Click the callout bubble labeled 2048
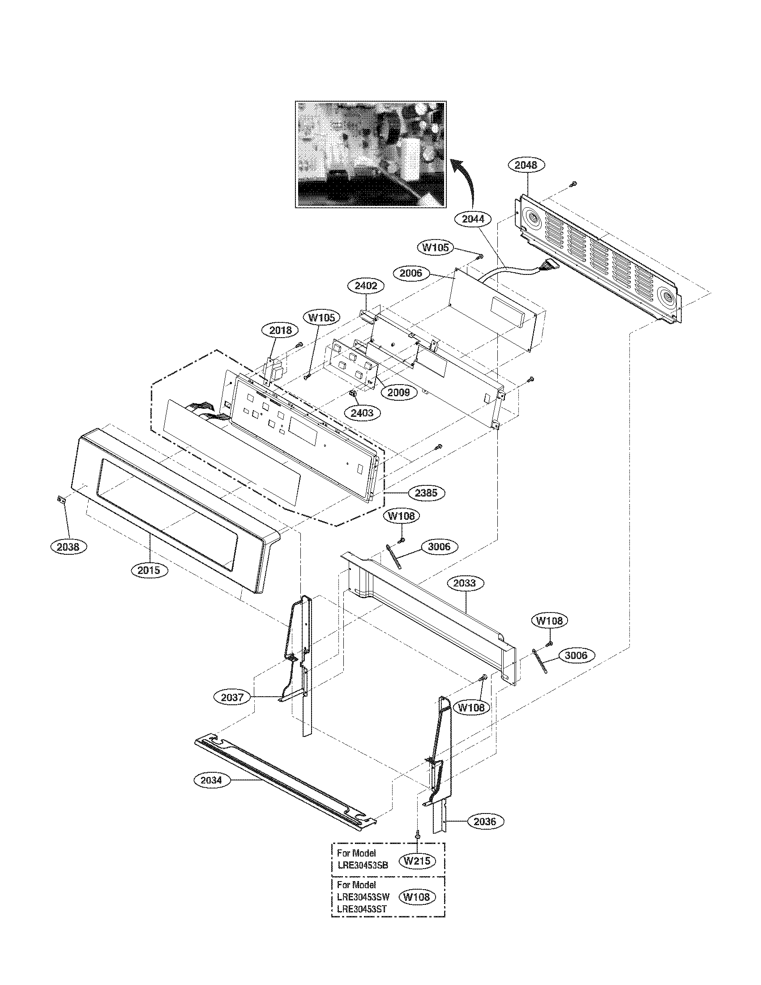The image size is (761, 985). (x=526, y=165)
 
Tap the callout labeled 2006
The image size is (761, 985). (x=410, y=273)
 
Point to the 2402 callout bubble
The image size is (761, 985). (x=366, y=286)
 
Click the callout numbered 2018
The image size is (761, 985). (x=280, y=330)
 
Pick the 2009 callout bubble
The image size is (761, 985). (x=399, y=392)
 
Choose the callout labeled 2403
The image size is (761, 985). (x=362, y=413)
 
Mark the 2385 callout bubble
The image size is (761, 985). (x=426, y=493)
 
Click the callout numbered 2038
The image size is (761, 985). (x=68, y=547)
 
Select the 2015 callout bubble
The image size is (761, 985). (x=149, y=570)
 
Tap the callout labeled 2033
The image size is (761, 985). (x=464, y=583)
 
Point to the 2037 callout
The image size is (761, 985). (x=232, y=697)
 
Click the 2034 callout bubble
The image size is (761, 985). (x=211, y=793)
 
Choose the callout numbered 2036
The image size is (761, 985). (x=485, y=822)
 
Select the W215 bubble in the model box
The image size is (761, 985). (x=417, y=861)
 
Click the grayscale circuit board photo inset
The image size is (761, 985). (x=370, y=154)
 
